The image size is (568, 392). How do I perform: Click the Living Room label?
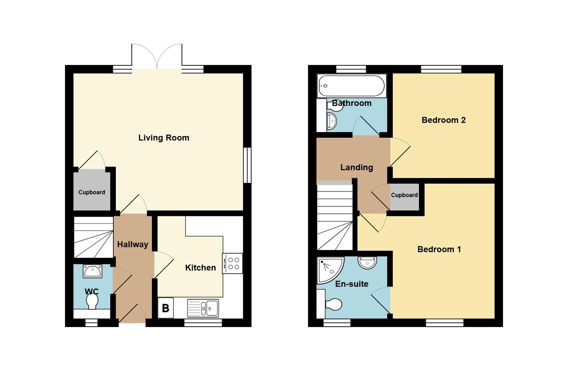click(164, 138)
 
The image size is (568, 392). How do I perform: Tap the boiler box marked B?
click(166, 308)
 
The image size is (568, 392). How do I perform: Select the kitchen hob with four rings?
click(233, 263)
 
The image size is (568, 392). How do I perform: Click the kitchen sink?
click(203, 308)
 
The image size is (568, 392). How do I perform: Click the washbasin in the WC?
click(93, 271)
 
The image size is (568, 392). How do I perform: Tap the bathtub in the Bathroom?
click(351, 86)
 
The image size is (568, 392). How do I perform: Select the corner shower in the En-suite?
click(329, 269)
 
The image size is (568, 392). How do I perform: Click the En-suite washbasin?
click(367, 262)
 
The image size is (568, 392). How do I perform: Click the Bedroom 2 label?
click(444, 120)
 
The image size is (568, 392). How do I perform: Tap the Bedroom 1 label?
click(439, 249)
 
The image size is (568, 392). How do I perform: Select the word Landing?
click(356, 167)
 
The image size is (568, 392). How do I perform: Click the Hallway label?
click(132, 245)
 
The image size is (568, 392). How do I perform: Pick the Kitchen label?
click(200, 268)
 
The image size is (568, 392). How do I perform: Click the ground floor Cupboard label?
click(92, 192)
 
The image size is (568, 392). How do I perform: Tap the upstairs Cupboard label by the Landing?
click(404, 195)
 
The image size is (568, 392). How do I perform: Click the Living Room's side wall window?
click(247, 165)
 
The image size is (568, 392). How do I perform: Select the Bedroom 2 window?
click(441, 69)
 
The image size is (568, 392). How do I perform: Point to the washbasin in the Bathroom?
click(332, 121)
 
